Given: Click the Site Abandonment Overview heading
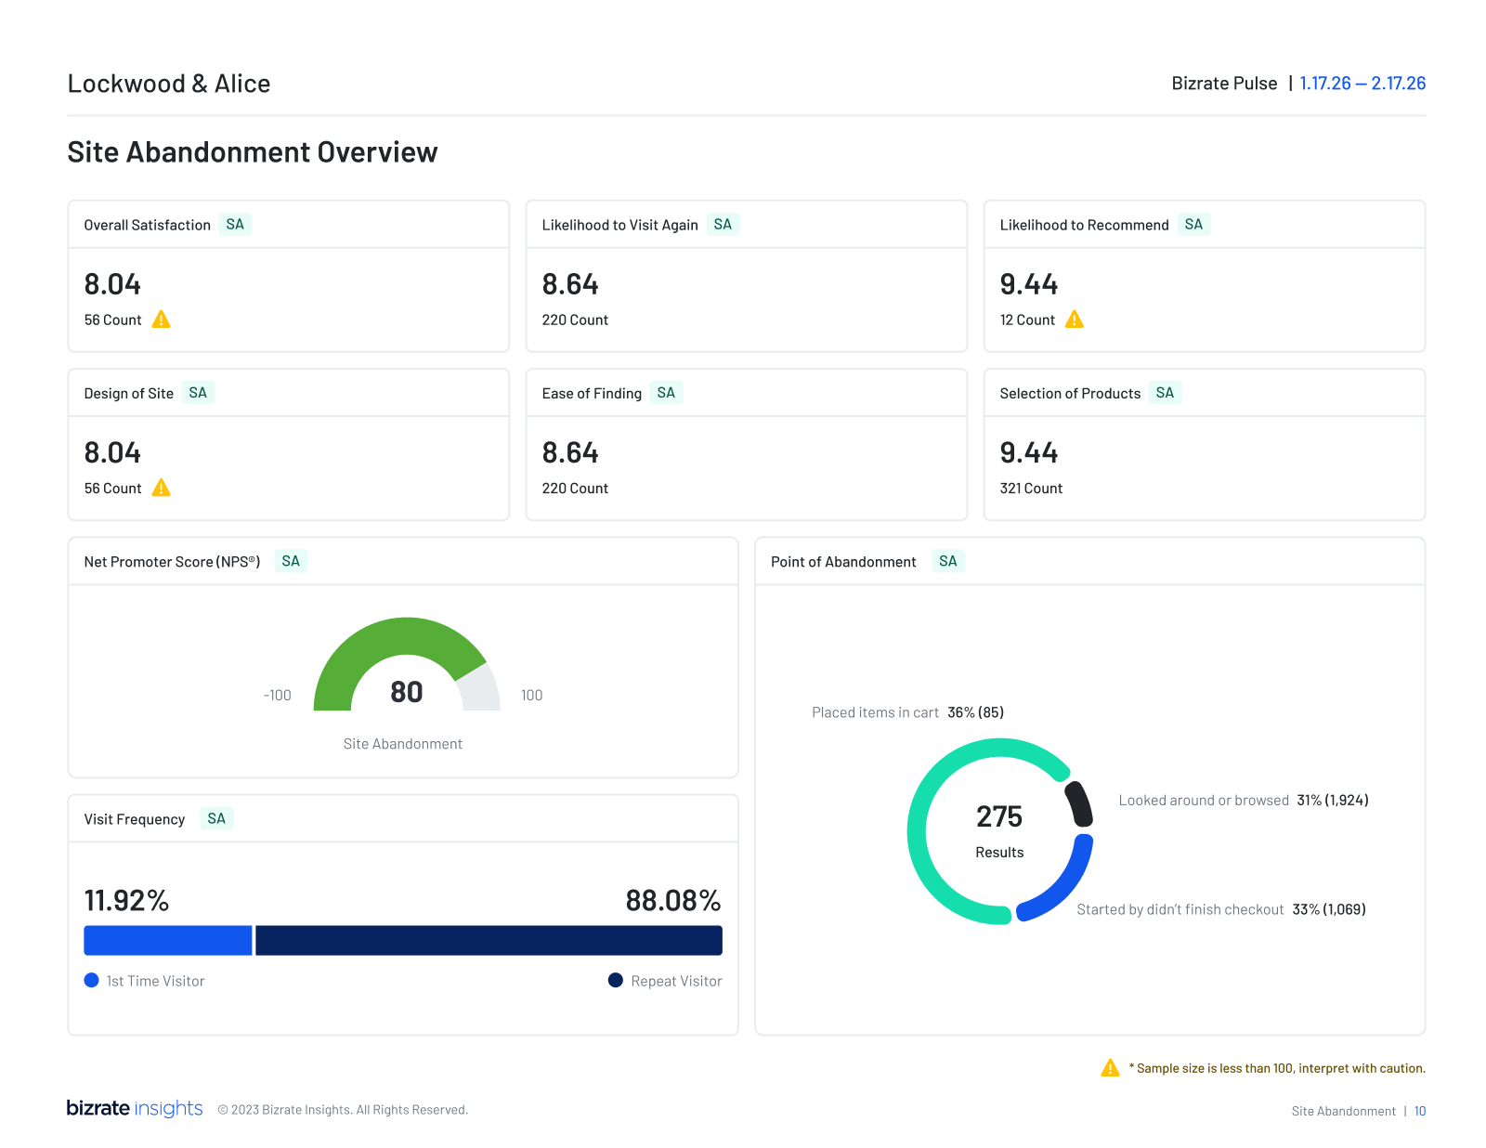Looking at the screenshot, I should click(x=252, y=152).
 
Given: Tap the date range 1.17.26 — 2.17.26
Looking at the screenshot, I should click(x=1362, y=84).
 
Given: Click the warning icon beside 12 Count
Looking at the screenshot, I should click(x=1075, y=320).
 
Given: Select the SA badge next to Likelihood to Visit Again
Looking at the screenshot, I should click(x=723, y=225).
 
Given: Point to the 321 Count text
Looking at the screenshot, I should click(x=1031, y=489).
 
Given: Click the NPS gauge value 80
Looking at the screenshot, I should click(x=407, y=692).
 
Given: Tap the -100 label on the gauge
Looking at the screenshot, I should click(x=277, y=696).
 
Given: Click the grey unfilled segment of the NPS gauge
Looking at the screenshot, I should click(x=479, y=690).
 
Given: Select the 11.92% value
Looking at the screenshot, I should click(x=126, y=901).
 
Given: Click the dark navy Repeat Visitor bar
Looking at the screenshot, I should click(x=489, y=940).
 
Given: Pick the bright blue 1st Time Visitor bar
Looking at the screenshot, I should click(x=168, y=940).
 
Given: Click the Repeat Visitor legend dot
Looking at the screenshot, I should click(x=615, y=981).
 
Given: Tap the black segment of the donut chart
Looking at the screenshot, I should click(x=1079, y=803).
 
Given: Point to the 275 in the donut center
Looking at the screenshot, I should click(x=999, y=816).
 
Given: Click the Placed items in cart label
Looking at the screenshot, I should click(x=875, y=712).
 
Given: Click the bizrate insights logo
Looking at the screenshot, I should click(x=135, y=1108).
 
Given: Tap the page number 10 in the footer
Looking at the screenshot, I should click(x=1420, y=1112).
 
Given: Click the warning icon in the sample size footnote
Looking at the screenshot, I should click(x=1110, y=1068).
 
